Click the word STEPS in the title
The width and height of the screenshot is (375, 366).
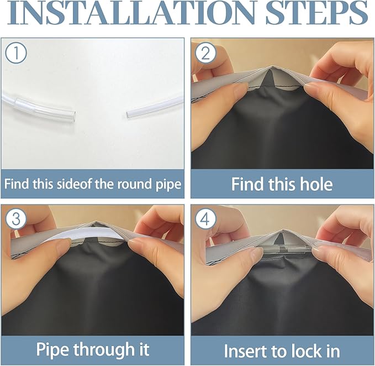tap(316, 13)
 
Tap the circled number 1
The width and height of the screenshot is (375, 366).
tap(16, 53)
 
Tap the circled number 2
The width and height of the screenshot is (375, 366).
tap(205, 53)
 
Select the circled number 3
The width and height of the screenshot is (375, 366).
tap(16, 219)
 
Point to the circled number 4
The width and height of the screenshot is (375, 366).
tap(205, 219)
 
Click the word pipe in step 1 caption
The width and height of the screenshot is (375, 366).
tap(168, 185)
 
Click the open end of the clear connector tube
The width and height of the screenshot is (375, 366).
tap(74, 114)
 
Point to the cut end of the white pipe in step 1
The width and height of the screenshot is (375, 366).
tap(128, 114)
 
